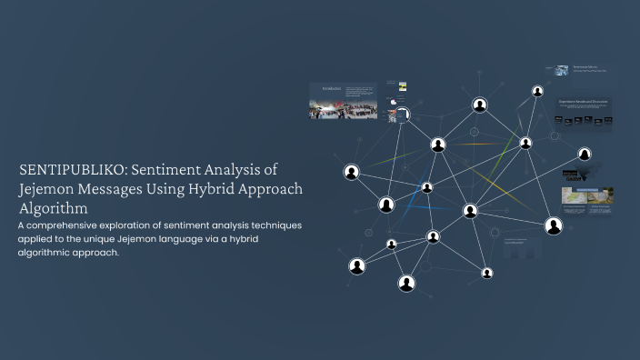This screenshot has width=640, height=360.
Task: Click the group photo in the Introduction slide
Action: tap(331, 110)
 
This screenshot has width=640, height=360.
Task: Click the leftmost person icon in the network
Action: tap(351, 172)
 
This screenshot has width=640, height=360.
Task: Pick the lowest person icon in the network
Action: tap(406, 284)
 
